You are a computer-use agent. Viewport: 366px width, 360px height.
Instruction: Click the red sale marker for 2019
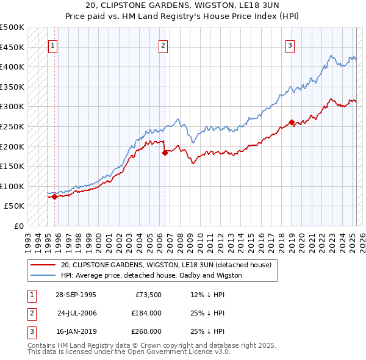[292, 122]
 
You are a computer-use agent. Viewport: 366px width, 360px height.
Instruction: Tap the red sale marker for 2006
[165, 153]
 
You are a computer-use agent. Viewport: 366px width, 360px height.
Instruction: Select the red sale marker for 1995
[54, 196]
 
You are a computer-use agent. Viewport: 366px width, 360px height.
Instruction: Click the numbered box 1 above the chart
[53, 45]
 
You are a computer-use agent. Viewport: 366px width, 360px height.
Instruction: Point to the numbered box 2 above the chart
[163, 45]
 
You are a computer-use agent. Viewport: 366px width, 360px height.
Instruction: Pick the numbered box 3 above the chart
[290, 45]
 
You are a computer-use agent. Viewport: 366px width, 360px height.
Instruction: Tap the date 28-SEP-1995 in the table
[76, 295]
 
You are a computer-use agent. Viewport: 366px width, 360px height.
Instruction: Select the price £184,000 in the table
[146, 313]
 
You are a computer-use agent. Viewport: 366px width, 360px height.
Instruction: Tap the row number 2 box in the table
[30, 313]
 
